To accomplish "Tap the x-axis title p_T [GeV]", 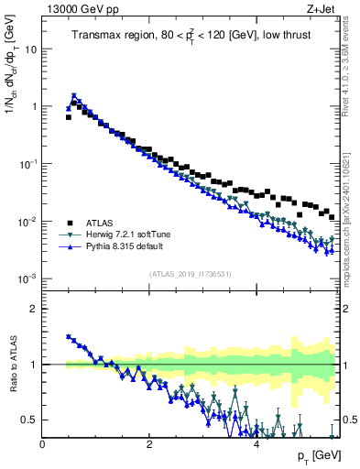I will click(x=320, y=456).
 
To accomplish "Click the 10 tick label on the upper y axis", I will click(x=30, y=49).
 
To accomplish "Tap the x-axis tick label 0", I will click(x=42, y=443).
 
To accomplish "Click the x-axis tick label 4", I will click(x=256, y=443).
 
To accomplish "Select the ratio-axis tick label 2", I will click(x=33, y=309).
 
